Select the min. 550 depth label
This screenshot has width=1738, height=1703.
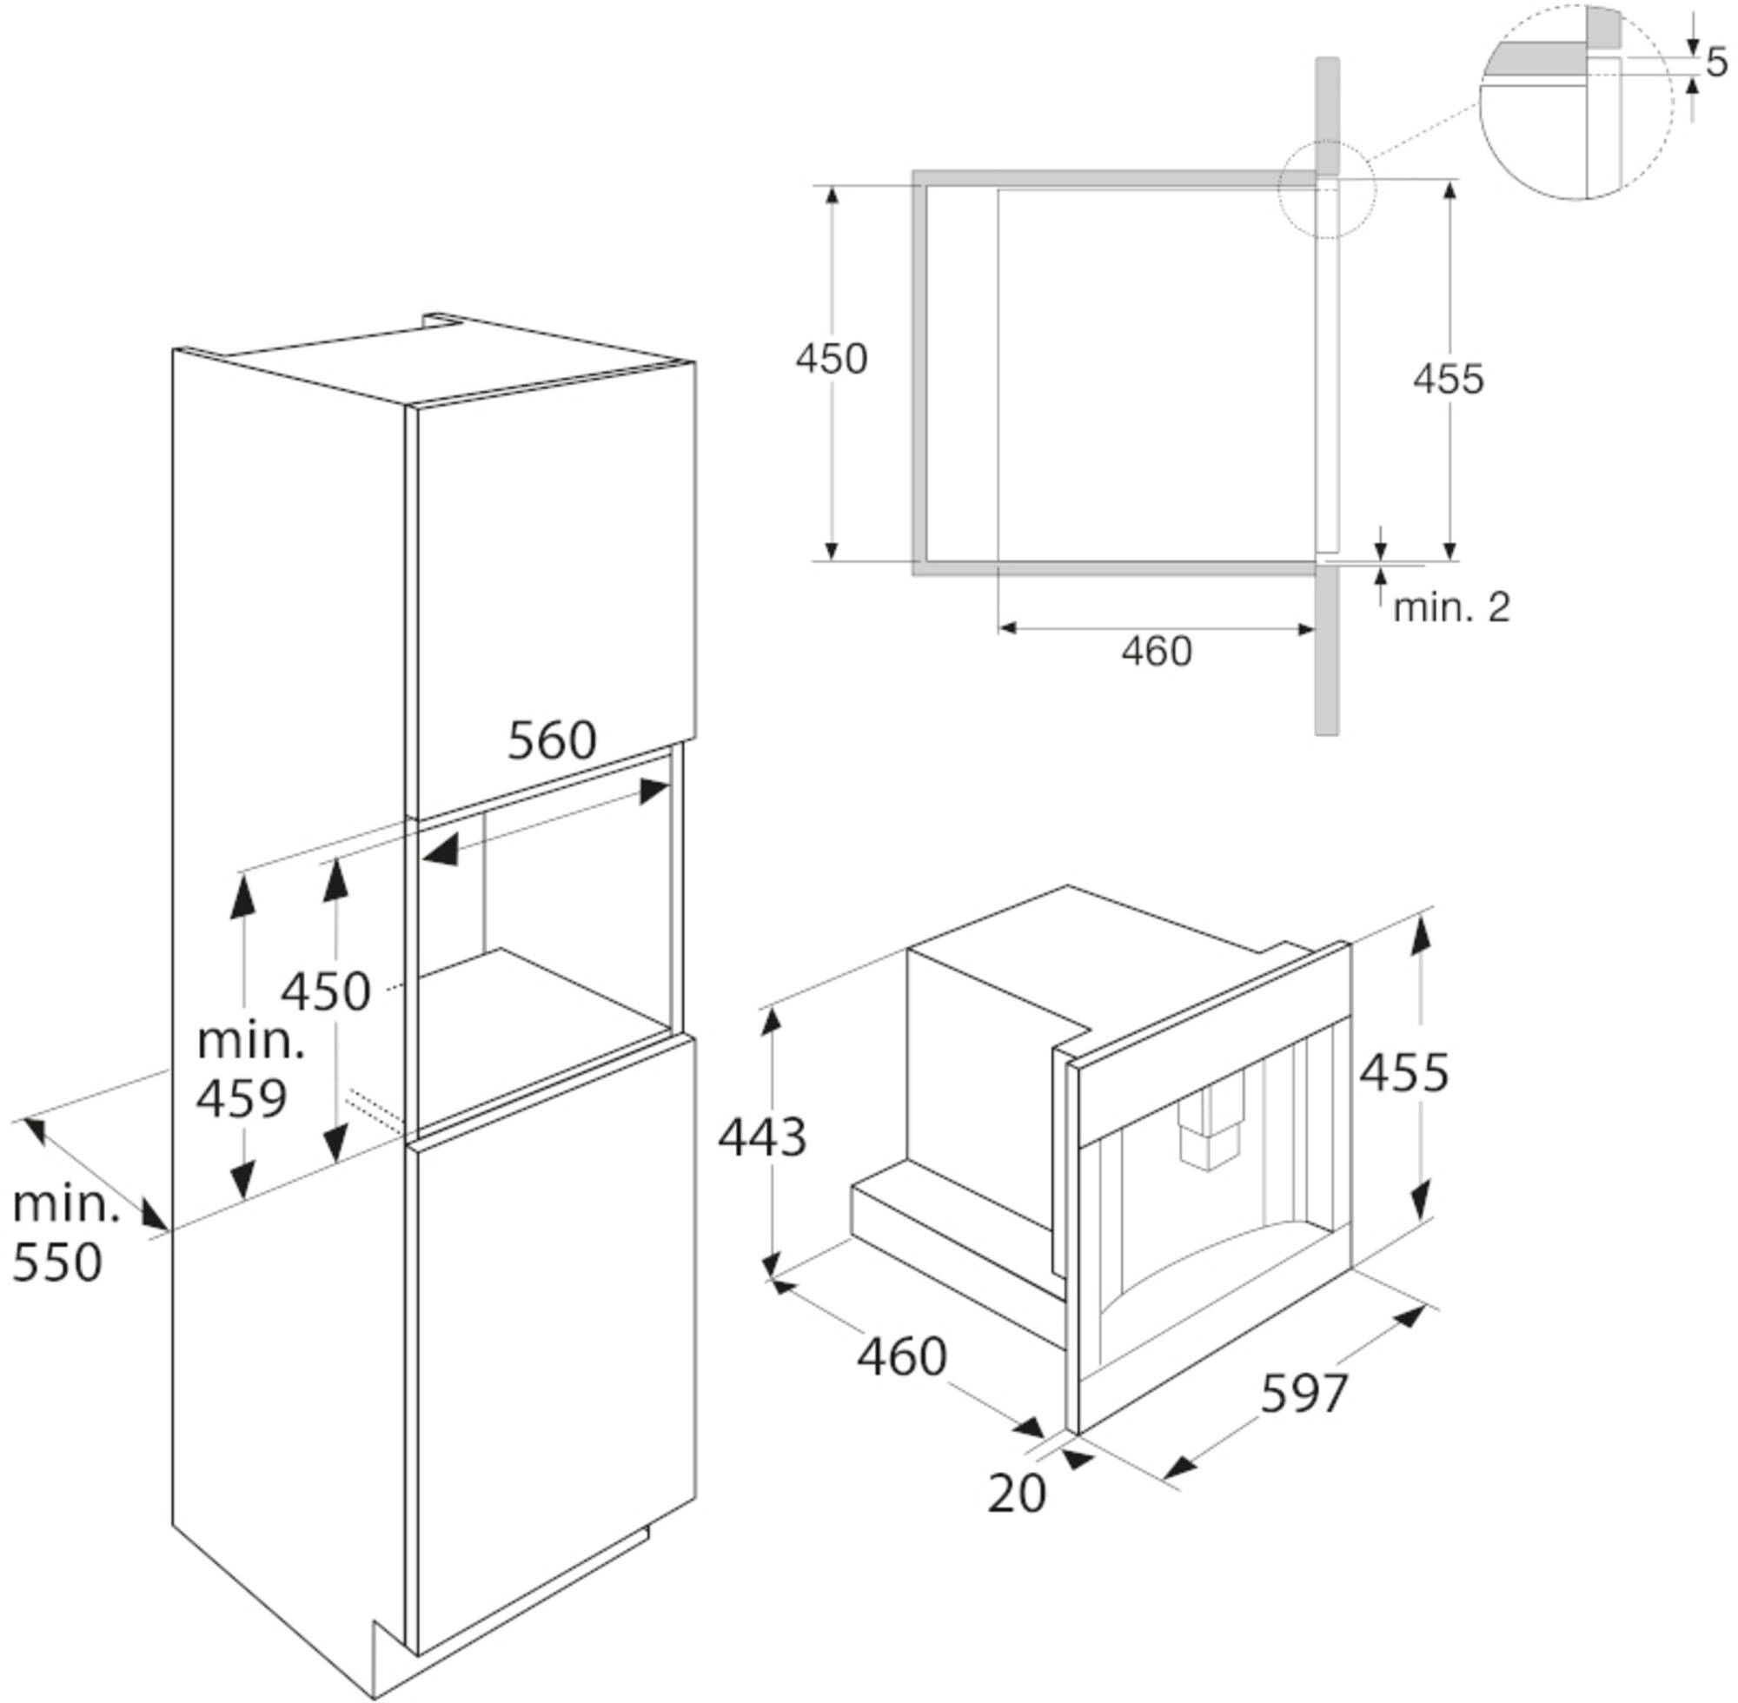click(x=65, y=1236)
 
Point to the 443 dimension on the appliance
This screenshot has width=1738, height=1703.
click(x=762, y=1137)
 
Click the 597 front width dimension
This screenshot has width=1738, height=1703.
click(x=1304, y=1394)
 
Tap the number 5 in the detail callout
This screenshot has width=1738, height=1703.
click(x=1716, y=62)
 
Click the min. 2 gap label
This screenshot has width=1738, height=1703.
click(x=1452, y=607)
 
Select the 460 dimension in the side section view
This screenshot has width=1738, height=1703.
click(x=1157, y=651)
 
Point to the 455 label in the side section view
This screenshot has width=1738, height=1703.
click(x=1448, y=378)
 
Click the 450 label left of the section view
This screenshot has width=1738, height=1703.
click(x=832, y=359)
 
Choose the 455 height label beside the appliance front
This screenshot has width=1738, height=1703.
click(x=1403, y=1072)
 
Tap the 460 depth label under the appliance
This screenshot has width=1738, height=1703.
click(x=902, y=1356)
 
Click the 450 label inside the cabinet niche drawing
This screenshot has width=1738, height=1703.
click(x=326, y=992)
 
